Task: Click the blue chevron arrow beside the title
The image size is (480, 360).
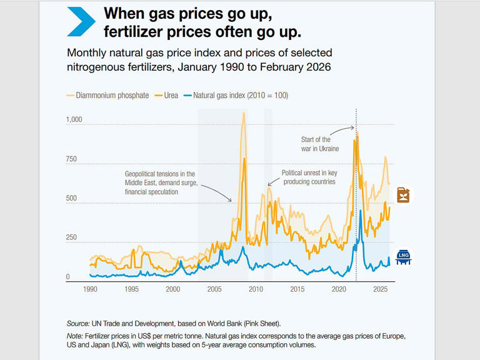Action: [x=81, y=21]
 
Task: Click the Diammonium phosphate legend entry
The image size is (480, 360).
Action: [x=107, y=96]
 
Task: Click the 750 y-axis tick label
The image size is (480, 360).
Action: [x=72, y=159]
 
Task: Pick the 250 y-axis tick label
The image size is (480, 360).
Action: [x=72, y=238]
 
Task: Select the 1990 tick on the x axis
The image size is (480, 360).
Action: [x=90, y=290]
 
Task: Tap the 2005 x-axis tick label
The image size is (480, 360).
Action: [x=214, y=290]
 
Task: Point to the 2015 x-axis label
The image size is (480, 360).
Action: [x=297, y=290]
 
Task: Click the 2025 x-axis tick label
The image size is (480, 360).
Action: [x=380, y=290]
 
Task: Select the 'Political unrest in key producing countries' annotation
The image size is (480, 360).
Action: [x=309, y=177]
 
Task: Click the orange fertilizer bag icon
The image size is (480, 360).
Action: [x=405, y=196]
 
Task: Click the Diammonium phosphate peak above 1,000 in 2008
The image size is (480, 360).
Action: [x=243, y=114]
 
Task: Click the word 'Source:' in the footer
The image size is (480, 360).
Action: [x=77, y=324]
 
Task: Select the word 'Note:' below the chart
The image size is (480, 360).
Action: [x=75, y=336]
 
